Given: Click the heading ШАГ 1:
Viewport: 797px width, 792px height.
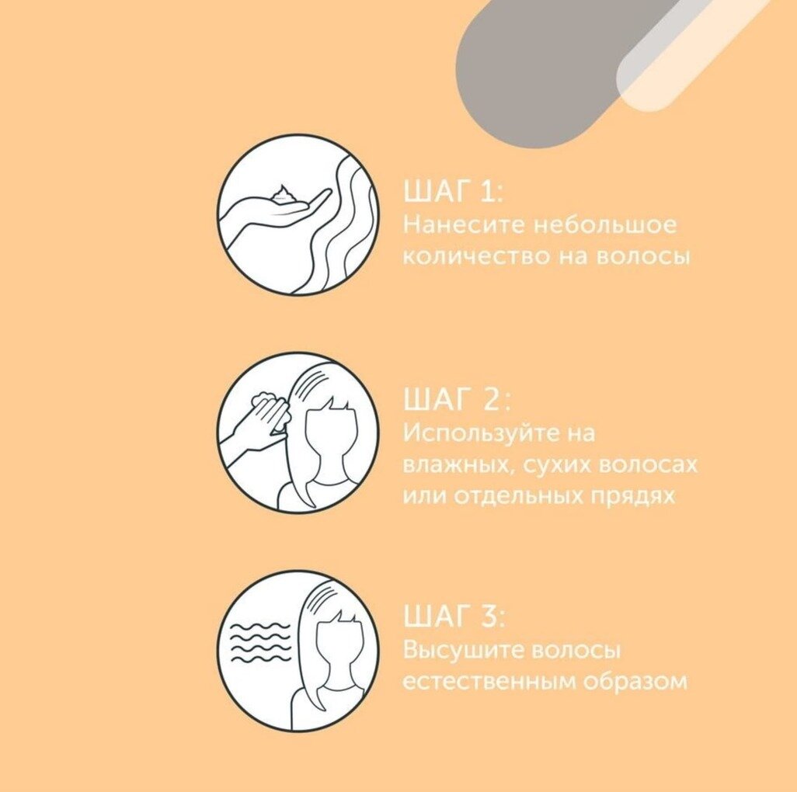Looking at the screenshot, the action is (453, 191).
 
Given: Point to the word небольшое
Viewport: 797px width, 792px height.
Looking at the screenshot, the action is (605, 224).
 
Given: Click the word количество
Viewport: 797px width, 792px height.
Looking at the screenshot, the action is (475, 255).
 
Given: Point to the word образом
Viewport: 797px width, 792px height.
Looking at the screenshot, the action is (635, 681).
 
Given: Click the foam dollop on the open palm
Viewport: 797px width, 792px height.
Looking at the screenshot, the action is (284, 195).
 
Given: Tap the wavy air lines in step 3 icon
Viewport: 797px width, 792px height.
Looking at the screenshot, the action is (260, 642).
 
